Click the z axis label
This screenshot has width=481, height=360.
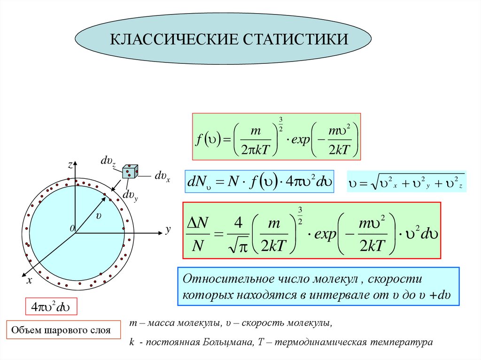coord(70,165)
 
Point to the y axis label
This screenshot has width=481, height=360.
coord(167,230)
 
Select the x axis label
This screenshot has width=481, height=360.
coord(29,281)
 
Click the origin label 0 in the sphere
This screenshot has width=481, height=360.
coord(72,228)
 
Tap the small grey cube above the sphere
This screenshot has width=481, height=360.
coord(130,172)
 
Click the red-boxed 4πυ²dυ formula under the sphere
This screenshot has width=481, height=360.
coord(50,307)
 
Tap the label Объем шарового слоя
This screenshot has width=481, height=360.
coord(61,330)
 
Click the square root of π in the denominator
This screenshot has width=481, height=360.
coord(237,246)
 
